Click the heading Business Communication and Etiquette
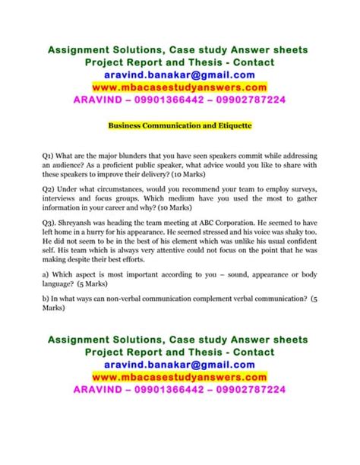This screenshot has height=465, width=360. (180, 122)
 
